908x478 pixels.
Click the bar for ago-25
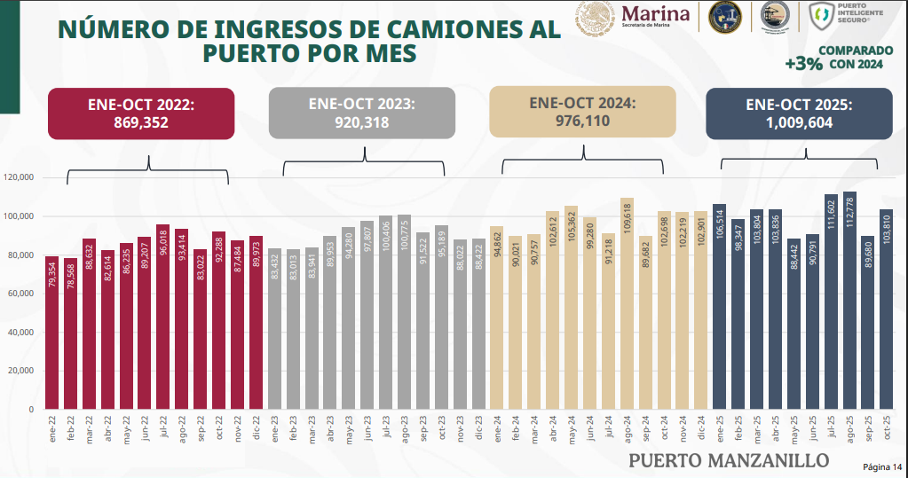click(x=849, y=302)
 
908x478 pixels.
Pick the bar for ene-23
click(x=274, y=329)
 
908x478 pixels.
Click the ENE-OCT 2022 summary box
click(x=141, y=114)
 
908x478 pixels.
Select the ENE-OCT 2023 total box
click(x=361, y=114)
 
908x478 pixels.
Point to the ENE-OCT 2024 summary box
click(x=583, y=112)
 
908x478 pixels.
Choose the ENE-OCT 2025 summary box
click(x=798, y=114)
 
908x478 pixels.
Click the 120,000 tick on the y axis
click(x=19, y=178)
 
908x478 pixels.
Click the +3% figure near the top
click(x=802, y=64)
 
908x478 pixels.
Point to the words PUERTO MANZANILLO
click(x=729, y=460)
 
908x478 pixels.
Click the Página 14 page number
click(x=882, y=466)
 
